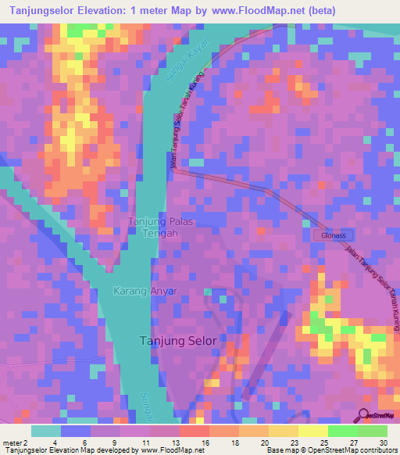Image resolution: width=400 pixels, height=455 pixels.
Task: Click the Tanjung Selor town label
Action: tap(177, 341)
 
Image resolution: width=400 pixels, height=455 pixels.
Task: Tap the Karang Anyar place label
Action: tap(147, 292)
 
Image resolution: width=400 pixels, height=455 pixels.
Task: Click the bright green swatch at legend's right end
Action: tap(373, 431)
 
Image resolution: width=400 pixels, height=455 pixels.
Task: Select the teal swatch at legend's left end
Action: tap(45, 431)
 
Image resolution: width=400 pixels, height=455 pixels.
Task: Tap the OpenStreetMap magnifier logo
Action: tap(365, 415)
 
